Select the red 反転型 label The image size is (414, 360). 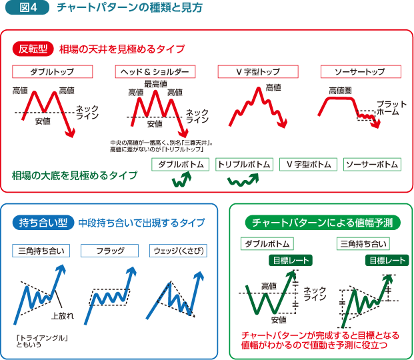(x=33, y=49)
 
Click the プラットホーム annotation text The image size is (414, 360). (x=388, y=108)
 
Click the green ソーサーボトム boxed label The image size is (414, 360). (x=372, y=164)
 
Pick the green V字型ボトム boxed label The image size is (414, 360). (x=309, y=164)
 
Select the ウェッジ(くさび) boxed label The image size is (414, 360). (x=179, y=251)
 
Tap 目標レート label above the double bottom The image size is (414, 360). (x=289, y=260)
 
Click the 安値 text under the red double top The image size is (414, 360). (x=43, y=121)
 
